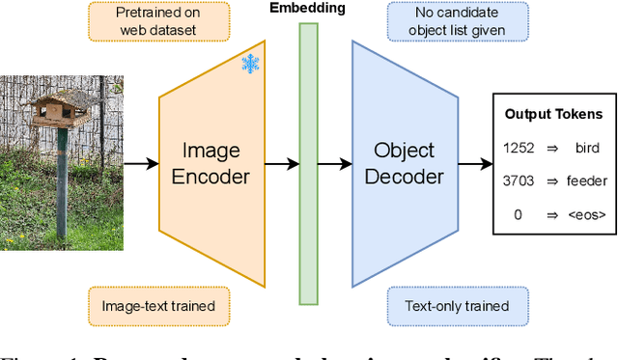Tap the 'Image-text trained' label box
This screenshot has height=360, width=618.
(x=158, y=306)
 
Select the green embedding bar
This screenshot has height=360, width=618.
(x=308, y=163)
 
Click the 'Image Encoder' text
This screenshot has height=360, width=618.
(x=216, y=163)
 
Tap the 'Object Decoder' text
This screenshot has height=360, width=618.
(x=404, y=163)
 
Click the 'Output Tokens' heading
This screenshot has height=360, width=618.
(x=553, y=114)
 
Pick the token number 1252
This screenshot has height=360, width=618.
(x=518, y=148)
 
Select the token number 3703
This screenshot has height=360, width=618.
(x=518, y=180)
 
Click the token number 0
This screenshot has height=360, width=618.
(x=518, y=214)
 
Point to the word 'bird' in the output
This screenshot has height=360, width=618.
(x=585, y=148)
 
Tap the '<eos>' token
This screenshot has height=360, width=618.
(x=587, y=214)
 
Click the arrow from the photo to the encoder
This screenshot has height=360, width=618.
(x=141, y=163)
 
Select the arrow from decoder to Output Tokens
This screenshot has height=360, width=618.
(x=475, y=163)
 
